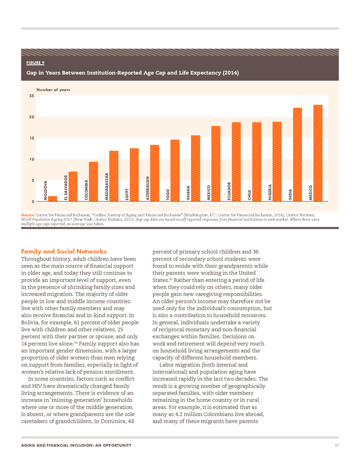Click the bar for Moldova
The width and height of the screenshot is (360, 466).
[x=52, y=199]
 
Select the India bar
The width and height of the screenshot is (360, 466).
[x=298, y=155]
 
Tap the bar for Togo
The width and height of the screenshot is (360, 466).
[x=175, y=171]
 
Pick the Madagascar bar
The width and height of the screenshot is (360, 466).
[x=114, y=176]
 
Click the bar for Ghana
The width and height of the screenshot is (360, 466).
[x=195, y=168]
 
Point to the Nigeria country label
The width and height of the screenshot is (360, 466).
[x=269, y=192]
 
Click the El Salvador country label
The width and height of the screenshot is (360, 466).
[x=66, y=187]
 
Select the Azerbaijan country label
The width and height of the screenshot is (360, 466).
[x=147, y=188]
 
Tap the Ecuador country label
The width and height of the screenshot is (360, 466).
[x=229, y=191]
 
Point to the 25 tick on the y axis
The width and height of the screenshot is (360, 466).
[x=31, y=96]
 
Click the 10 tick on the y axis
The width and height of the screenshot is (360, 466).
[x=31, y=159]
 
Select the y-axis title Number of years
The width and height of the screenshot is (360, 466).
[x=53, y=89]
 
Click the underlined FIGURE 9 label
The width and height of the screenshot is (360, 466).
[x=35, y=62]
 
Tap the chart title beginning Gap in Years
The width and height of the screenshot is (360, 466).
[x=133, y=73]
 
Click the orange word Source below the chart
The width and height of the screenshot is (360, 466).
[x=28, y=215]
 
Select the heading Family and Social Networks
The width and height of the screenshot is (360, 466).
[x=64, y=252]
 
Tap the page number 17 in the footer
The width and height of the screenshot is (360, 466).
[x=336, y=445]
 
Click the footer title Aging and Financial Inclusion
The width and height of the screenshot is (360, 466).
[x=76, y=445]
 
